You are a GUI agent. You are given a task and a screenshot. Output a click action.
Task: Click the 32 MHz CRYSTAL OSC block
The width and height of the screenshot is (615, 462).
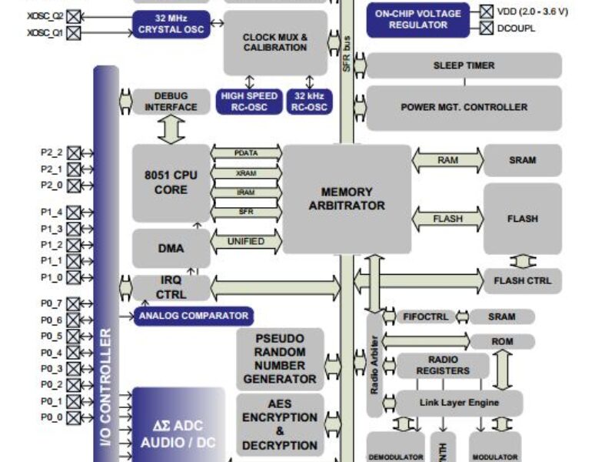click(171, 25)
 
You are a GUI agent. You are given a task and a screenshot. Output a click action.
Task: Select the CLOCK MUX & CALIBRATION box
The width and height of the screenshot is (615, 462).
click(275, 42)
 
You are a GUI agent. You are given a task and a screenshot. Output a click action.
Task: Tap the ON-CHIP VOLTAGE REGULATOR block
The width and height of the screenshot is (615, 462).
click(418, 19)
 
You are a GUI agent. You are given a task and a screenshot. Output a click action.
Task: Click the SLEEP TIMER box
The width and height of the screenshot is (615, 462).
click(464, 65)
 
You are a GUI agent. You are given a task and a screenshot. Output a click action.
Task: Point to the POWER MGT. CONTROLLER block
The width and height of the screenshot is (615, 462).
click(464, 107)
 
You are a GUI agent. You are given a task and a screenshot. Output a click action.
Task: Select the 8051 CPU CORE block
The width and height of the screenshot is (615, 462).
click(171, 182)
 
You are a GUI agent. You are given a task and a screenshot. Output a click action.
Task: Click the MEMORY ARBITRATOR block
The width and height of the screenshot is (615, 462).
click(347, 199)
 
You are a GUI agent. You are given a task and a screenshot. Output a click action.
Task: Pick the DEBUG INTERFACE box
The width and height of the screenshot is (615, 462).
click(171, 102)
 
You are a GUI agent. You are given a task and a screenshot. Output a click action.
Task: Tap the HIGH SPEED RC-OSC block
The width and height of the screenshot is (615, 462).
click(249, 102)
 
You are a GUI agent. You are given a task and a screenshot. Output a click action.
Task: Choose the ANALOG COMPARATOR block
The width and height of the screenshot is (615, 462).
click(193, 316)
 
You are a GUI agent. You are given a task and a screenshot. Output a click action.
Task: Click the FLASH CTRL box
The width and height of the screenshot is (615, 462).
click(523, 280)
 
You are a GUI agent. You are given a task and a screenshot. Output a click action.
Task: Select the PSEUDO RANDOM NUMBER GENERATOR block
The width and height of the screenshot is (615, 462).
click(280, 359)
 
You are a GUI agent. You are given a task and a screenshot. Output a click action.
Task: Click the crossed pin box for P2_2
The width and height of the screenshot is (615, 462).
click(74, 152)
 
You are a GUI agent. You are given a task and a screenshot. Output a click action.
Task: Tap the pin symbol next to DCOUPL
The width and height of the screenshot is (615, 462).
click(487, 28)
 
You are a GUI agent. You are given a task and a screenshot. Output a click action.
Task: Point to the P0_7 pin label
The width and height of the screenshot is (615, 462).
click(52, 303)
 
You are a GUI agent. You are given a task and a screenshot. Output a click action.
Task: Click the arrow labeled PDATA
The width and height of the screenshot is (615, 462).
click(246, 153)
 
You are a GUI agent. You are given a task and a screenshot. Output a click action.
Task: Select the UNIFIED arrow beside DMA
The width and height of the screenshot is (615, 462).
click(246, 242)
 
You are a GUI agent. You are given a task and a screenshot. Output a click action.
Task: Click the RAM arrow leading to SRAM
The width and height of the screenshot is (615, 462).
click(448, 160)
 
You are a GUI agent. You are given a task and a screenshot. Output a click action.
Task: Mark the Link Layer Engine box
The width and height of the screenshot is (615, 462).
click(459, 403)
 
